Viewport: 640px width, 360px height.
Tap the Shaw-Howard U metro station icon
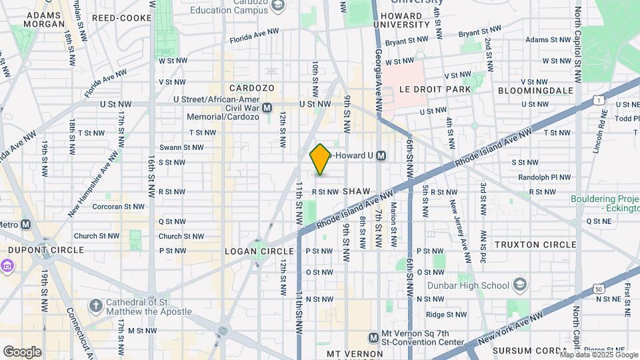[381, 156]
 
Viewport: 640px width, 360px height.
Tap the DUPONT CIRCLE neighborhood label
[46, 250]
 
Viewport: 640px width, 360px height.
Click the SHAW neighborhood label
[356, 191]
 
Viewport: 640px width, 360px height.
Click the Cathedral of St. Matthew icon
[96, 306]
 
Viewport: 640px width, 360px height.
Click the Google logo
[22, 351]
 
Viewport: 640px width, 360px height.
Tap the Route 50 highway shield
[598, 289]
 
